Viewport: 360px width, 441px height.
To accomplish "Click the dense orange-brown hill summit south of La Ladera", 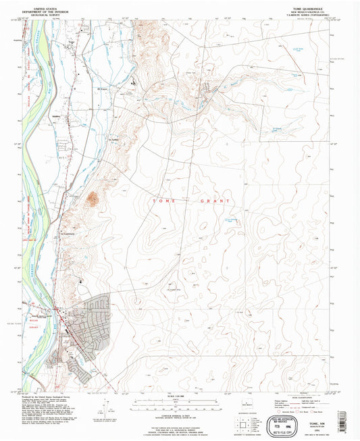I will [93, 198].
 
